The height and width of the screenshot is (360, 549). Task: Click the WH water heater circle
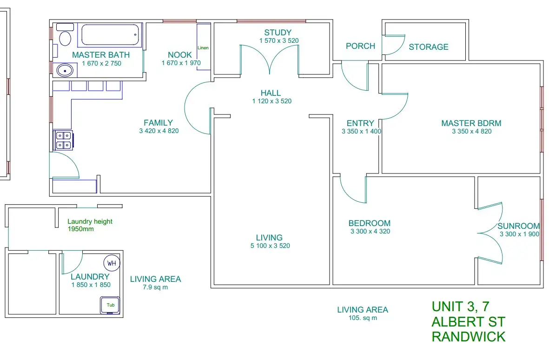112,263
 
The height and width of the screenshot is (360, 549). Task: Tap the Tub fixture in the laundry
110,305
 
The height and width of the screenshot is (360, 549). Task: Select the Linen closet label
203,48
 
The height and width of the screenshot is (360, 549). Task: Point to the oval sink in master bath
65,71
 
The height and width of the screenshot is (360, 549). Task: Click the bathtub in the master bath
111,35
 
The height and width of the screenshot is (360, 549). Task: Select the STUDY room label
278,33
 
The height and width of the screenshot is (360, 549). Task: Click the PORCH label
360,46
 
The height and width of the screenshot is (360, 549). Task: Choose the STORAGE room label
428,47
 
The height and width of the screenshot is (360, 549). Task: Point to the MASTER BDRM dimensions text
471,132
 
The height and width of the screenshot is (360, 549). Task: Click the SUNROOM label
518,227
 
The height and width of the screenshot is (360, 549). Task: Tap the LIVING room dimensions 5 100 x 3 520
270,246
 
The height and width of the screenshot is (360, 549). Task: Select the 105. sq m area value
363,318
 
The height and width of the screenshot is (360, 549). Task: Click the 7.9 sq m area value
155,287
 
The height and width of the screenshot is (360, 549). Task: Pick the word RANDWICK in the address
468,337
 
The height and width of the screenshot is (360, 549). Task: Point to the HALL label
271,93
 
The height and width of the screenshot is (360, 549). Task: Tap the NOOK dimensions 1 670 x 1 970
181,63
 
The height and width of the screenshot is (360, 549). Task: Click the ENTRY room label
360,123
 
